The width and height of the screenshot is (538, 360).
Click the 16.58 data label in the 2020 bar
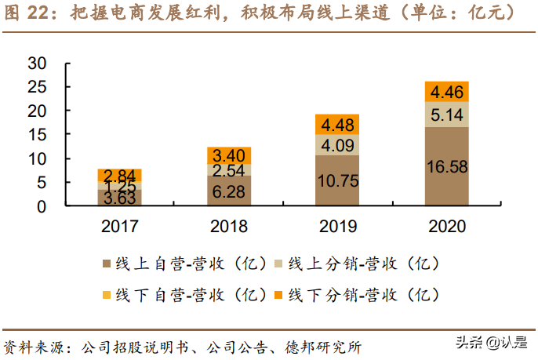(x=446, y=167)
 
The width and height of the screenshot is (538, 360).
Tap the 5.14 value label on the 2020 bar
(x=446, y=115)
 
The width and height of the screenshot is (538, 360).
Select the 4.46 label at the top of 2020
(x=446, y=91)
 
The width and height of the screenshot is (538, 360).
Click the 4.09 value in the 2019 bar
(x=337, y=145)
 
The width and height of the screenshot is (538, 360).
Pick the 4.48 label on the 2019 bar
(x=337, y=125)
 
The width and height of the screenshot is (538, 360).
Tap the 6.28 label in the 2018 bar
(x=229, y=191)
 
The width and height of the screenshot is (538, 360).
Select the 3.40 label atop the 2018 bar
(x=229, y=155)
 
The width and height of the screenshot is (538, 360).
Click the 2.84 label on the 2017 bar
(x=120, y=174)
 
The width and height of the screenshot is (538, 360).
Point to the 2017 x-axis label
(x=120, y=227)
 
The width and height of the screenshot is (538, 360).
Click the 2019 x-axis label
(x=337, y=227)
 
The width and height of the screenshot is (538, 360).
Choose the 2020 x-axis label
(x=446, y=227)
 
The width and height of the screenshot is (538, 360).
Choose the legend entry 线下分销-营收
(x=357, y=296)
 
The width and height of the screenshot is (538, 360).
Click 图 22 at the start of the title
(x=26, y=13)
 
